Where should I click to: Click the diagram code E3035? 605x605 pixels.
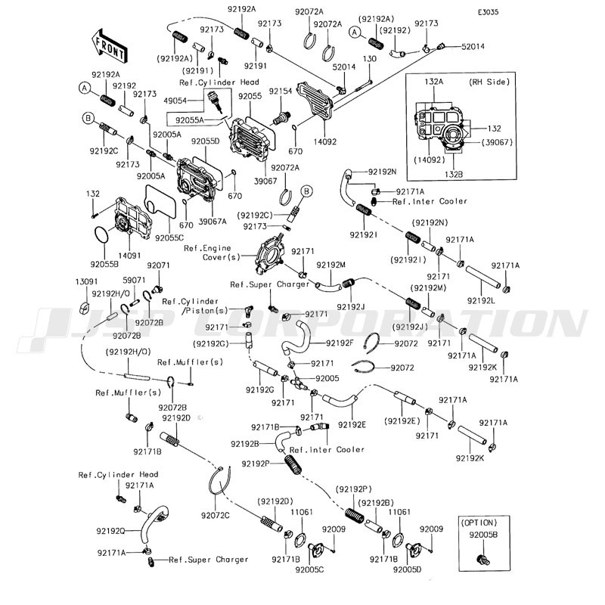[488, 12]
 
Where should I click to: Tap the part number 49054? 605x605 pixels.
[175, 101]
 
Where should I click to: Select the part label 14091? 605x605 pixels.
[129, 255]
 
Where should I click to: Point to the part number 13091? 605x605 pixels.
[86, 281]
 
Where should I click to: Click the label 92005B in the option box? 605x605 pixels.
[483, 535]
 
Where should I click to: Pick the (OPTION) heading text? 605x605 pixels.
[479, 523]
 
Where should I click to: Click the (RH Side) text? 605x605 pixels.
[489, 82]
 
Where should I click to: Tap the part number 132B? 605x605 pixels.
[454, 175]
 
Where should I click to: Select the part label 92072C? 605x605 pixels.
[216, 515]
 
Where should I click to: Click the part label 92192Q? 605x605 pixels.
[110, 532]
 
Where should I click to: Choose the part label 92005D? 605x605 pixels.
[408, 569]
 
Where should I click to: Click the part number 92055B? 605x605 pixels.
[104, 264]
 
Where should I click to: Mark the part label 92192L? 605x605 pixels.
[481, 300]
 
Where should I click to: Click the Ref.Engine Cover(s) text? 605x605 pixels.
[212, 253]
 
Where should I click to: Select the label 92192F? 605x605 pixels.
[340, 343]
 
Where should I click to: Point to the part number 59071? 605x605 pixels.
[135, 281]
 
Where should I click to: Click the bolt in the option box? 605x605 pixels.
[482, 559]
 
